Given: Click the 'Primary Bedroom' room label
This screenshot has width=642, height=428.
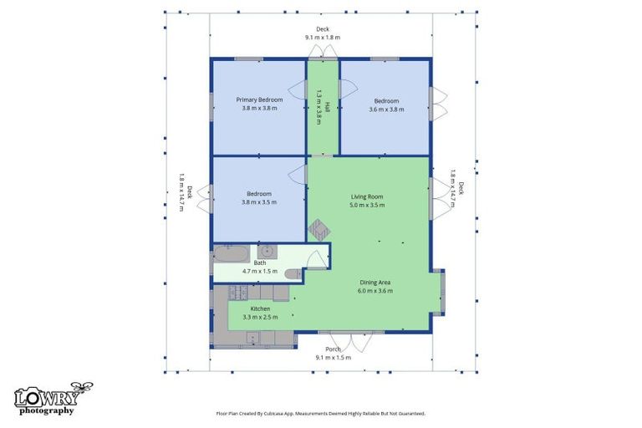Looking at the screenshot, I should pyautogui.click(x=258, y=99).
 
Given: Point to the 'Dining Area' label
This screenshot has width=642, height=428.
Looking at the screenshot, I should pyautogui.click(x=374, y=283).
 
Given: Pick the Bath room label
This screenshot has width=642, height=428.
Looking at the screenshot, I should pyautogui.click(x=259, y=262).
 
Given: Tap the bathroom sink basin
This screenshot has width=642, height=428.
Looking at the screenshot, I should pyautogui.click(x=266, y=250).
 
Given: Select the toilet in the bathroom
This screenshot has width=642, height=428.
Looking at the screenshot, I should pyautogui.click(x=293, y=274).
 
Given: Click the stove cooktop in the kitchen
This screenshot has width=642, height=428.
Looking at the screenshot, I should pyautogui.click(x=238, y=292).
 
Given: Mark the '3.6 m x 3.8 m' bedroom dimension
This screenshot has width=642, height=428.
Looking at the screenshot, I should pyautogui.click(x=386, y=109).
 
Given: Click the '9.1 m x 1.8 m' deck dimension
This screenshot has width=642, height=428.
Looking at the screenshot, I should pyautogui.click(x=322, y=38).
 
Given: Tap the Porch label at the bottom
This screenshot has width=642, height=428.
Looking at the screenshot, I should pyautogui.click(x=333, y=349).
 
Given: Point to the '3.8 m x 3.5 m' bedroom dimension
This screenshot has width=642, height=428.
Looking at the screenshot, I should pyautogui.click(x=258, y=201).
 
